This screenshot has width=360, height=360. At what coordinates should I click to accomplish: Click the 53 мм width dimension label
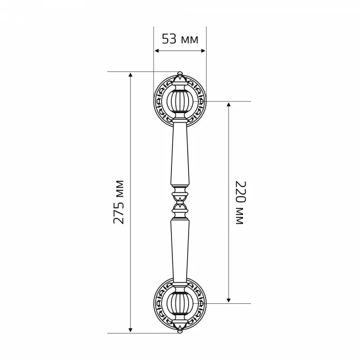(180, 39)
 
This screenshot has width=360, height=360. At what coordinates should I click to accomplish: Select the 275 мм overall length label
(119, 202)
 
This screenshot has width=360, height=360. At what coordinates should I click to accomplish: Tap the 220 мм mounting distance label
(241, 202)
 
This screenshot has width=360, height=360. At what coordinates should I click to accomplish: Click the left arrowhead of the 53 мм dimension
(157, 51)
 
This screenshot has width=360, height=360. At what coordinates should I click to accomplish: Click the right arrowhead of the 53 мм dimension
(203, 51)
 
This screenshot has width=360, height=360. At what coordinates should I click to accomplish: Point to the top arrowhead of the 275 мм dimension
(130, 75)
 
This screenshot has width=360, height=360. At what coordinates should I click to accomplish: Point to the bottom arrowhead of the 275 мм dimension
(130, 330)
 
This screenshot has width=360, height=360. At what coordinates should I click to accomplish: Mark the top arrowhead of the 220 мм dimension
(229, 105)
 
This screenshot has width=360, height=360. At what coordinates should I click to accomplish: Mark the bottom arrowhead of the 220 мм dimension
(229, 300)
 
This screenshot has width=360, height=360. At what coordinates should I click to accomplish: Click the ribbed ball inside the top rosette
(180, 101)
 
